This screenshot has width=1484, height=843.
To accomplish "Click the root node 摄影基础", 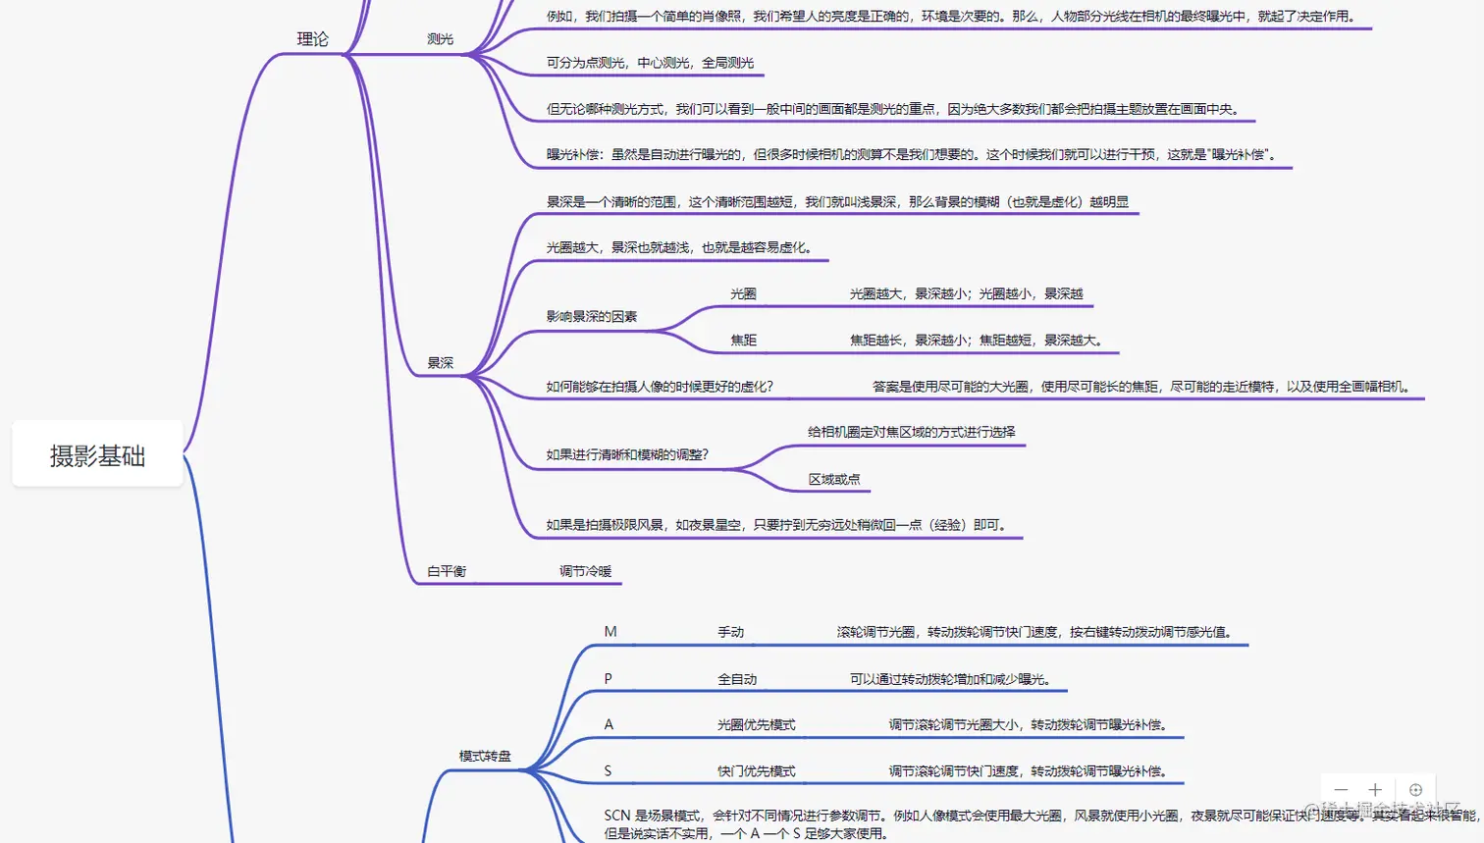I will coord(97,455).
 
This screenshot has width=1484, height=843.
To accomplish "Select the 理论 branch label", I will coord(313,39).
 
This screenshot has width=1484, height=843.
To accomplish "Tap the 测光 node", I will coord(441,39).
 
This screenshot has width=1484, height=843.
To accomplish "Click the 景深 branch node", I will coord(441,363).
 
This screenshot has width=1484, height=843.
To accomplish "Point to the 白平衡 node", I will coord(447,571).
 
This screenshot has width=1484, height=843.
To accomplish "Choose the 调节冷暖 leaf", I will coord(586,571).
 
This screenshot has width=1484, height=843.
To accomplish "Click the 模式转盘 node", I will coord(485,757).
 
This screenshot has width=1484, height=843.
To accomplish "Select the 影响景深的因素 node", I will coord(592,317).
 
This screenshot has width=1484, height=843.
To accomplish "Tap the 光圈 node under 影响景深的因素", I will coord(743,293).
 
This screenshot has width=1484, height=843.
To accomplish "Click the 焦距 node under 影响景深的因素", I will coord(743,341).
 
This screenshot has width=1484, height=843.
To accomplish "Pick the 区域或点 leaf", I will coord(834,479).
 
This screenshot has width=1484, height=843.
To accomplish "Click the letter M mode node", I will coord(610,632).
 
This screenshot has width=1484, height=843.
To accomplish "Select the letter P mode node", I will coord(609,679).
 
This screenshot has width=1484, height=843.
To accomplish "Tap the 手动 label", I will coord(730,632).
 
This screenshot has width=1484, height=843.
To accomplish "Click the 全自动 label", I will coord(737,679).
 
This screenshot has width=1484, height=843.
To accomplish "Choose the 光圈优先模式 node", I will coord(756,725).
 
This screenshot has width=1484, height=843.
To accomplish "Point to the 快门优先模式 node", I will coord(756,771).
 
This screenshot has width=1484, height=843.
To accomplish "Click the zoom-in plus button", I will coord(1375,790).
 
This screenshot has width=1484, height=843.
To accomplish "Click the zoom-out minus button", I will coord(1341,790).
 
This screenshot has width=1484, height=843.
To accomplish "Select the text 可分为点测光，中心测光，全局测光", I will coord(650,63).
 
